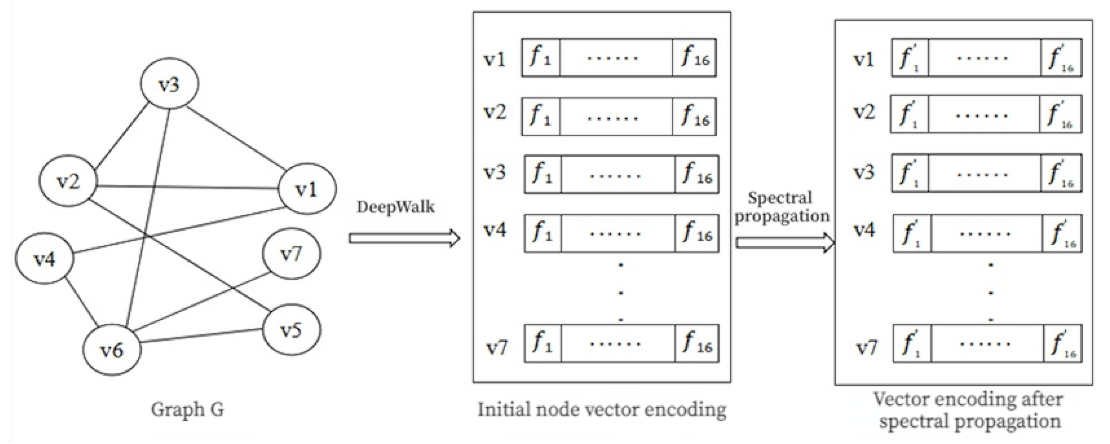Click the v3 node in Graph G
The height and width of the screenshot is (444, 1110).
click(x=169, y=84)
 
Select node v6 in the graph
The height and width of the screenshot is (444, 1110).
click(x=112, y=350)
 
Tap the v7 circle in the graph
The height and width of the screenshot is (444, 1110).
click(x=291, y=254)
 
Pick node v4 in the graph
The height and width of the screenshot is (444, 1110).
click(x=44, y=259)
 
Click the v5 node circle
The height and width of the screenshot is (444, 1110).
click(x=291, y=330)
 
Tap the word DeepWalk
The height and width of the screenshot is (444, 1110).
click(x=395, y=207)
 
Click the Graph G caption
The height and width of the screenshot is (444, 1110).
click(x=187, y=409)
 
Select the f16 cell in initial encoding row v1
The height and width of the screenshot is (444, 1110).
click(x=694, y=58)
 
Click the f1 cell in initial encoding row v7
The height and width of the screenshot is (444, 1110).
click(x=542, y=344)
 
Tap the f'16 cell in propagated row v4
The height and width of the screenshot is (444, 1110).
click(x=1062, y=234)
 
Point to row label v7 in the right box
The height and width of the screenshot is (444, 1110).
click(x=866, y=347)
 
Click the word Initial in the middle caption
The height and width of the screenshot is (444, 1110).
click(x=504, y=409)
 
